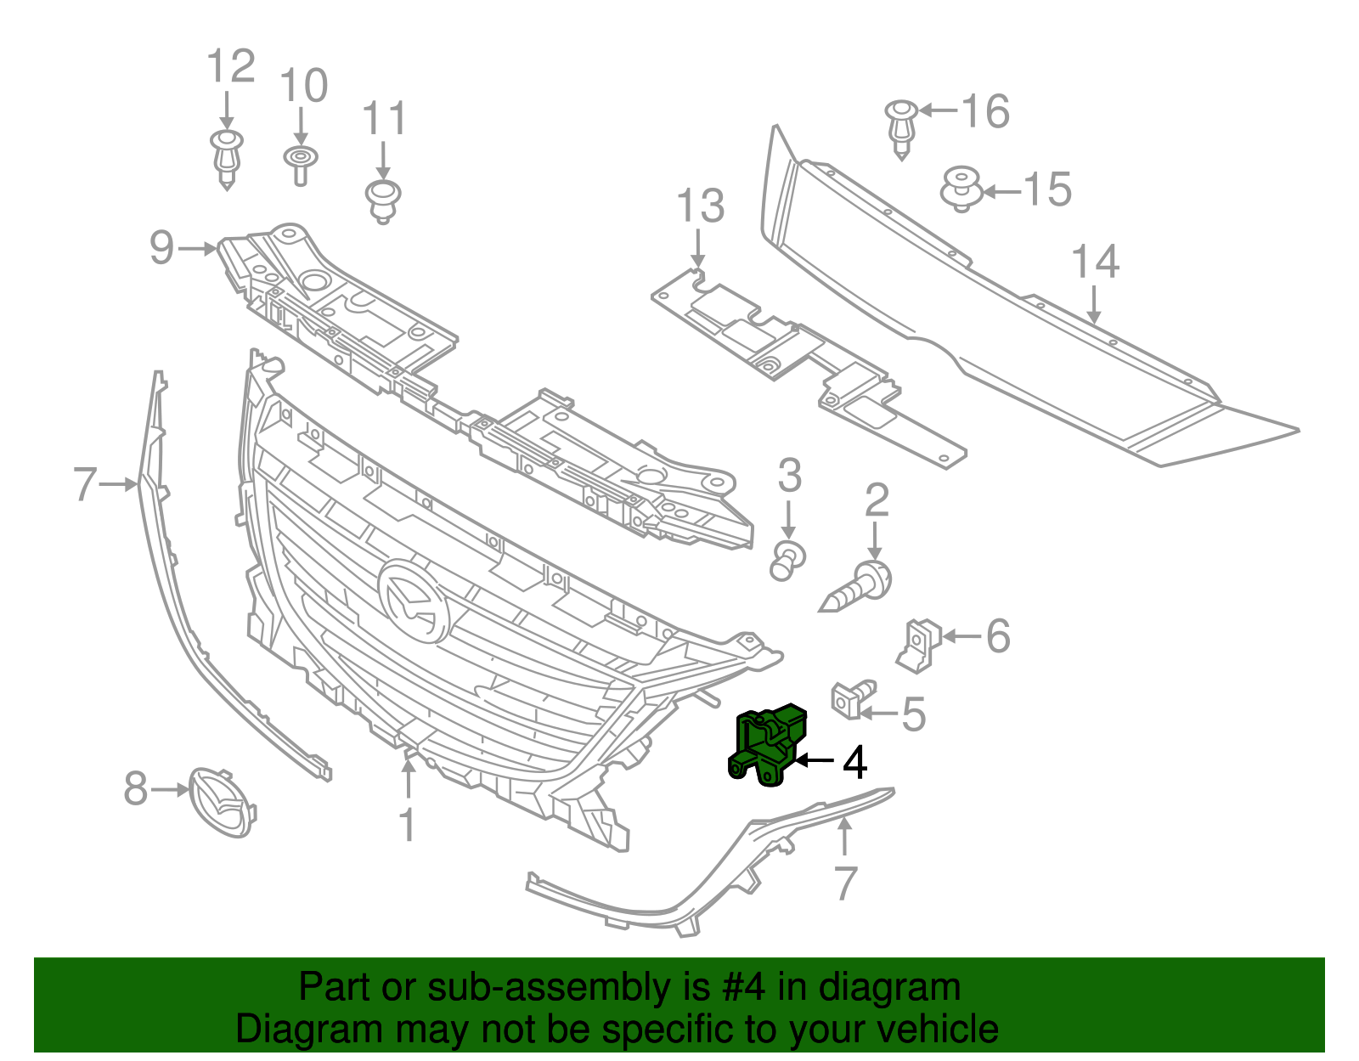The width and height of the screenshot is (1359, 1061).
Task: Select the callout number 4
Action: [854, 762]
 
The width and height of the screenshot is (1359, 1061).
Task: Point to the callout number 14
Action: [1095, 262]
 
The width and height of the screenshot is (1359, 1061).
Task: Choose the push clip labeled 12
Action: [227, 158]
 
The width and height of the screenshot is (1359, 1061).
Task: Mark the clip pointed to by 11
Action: [382, 200]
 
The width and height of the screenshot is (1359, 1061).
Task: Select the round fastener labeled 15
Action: [961, 189]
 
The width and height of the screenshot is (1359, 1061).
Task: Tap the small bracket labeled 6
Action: [918, 644]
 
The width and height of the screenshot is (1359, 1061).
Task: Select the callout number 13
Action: [701, 206]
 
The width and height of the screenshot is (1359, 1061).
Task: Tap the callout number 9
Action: [161, 247]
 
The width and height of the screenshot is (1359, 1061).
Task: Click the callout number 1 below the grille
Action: [408, 824]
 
